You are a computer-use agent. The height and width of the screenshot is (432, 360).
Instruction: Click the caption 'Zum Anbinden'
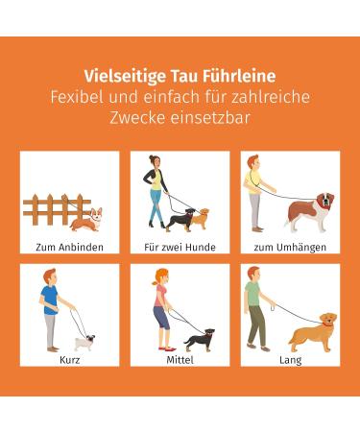[69, 247]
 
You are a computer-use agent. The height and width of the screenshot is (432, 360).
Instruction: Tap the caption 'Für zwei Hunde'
[180, 247]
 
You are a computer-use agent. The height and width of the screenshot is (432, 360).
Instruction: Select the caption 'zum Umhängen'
[290, 247]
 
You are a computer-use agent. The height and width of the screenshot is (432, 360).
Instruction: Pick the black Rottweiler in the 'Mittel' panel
[199, 339]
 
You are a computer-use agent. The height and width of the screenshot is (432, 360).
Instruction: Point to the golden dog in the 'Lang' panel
[312, 331]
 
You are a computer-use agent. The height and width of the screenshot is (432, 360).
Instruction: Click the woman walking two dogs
[154, 192]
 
